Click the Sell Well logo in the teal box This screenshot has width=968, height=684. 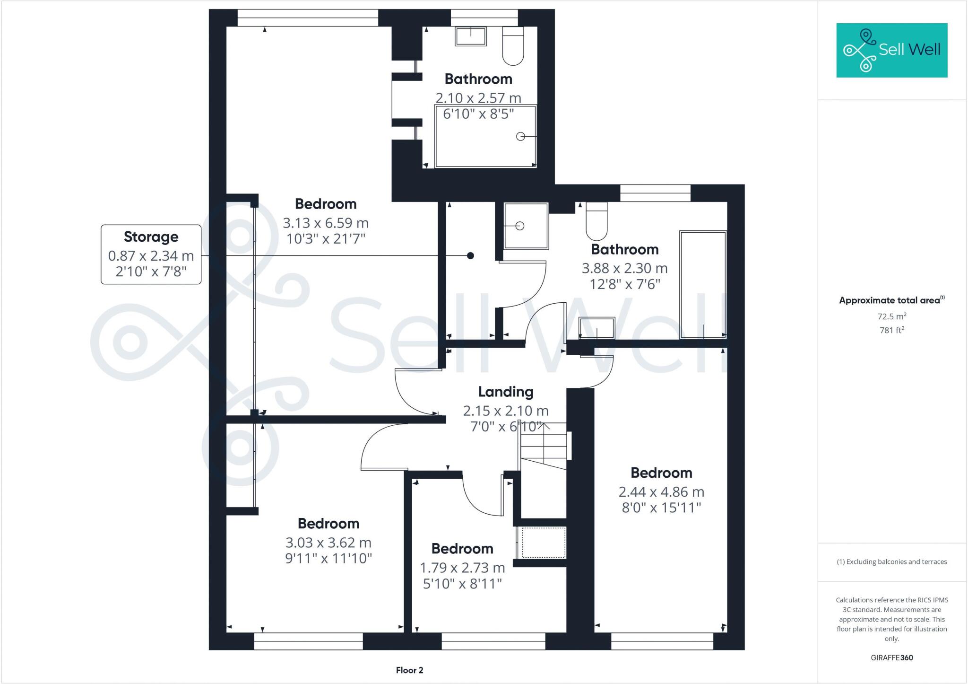891,50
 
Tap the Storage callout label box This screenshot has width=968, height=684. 151,254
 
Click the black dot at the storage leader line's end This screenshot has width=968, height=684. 470,256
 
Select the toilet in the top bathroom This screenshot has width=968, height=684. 513,46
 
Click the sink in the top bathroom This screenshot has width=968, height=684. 471,36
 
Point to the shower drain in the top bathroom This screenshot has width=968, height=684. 520,137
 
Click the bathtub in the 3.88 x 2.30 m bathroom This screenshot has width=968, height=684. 703,284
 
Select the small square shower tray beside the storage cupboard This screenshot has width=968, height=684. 526,226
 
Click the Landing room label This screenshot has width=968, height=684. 505,392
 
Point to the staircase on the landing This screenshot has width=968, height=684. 544,445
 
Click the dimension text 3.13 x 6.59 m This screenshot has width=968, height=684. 326,223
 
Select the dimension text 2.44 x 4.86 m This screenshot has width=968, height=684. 661,492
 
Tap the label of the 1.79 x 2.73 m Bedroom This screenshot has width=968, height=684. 462,549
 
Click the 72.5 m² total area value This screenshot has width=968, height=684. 891,316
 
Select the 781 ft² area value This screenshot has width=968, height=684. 891,330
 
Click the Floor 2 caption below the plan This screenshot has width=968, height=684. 409,670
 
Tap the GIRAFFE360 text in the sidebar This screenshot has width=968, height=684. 891,658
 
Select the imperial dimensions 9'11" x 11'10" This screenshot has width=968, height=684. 328,559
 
